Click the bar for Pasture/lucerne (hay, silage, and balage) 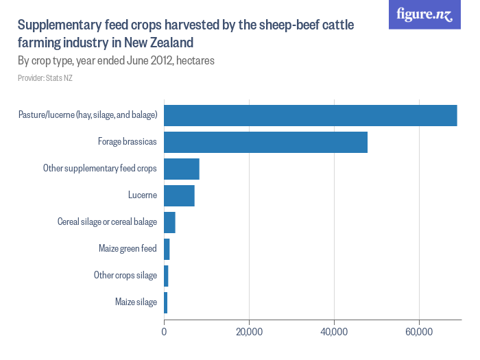pos(310,115)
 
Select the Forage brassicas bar pos(265,142)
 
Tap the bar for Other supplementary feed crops pos(181,169)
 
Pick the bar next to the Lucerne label pos(179,195)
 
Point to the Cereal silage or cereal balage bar pos(169,222)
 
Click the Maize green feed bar pos(167,249)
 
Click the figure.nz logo pos(424,14)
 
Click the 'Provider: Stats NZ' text pos(45,78)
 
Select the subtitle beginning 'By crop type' pos(116,60)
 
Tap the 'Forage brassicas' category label pos(128,142)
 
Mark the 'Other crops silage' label pos(125,276)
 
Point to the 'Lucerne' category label pos(143,195)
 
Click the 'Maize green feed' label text pos(128,249)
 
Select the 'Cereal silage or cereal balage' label pos(108,222)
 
